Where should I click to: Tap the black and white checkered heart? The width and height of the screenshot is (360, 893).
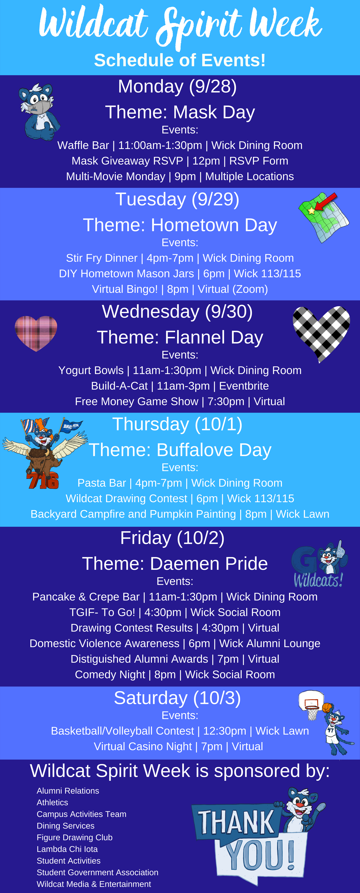[321, 333]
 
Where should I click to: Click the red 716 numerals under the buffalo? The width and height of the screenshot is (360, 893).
[42, 480]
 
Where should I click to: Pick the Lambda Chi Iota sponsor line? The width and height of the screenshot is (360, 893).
[67, 849]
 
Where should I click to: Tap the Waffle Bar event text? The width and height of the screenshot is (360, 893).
[83, 145]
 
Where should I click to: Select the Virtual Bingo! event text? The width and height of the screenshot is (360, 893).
[125, 289]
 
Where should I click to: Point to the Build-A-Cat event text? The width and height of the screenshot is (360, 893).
[119, 386]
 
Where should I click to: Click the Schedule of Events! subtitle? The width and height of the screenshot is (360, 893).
[180, 60]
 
